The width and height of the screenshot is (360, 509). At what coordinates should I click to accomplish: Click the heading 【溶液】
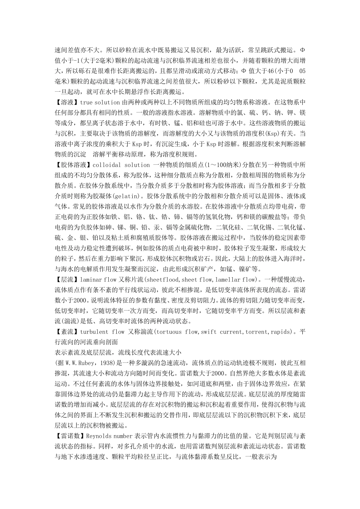click(x=67, y=102)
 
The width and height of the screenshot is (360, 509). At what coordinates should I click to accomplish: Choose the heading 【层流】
click(x=67, y=280)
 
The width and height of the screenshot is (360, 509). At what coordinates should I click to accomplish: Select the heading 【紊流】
click(x=67, y=332)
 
